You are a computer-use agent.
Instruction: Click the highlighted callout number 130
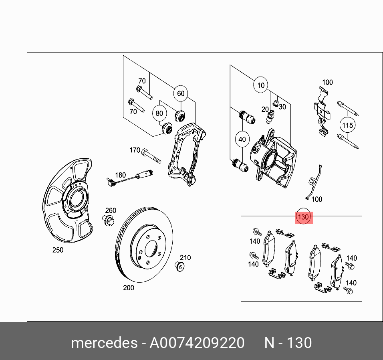[304, 217]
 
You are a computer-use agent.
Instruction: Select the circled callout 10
[261, 85]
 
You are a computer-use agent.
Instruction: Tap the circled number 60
[181, 93]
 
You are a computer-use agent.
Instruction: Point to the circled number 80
[159, 113]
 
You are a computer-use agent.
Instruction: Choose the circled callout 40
[242, 140]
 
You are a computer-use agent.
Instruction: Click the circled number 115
[348, 125]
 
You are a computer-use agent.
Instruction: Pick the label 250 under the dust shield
[58, 250]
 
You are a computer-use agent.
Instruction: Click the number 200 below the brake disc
[128, 287]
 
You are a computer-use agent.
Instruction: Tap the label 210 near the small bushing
[185, 258]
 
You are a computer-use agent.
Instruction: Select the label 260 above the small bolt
[111, 210]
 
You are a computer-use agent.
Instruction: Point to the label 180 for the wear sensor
[120, 175]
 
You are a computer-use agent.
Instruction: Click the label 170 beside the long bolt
[135, 150]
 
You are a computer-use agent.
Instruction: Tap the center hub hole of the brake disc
[151, 249]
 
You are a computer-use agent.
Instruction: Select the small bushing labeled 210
[180, 267]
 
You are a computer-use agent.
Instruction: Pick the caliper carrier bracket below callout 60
[185, 154]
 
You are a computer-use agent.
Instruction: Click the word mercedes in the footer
[104, 343]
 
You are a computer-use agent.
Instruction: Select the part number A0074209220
[197, 343]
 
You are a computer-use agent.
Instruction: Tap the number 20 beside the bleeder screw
[265, 109]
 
